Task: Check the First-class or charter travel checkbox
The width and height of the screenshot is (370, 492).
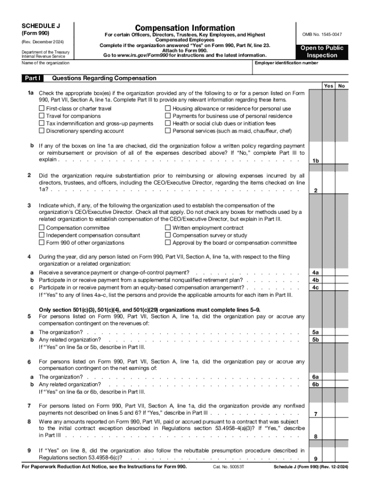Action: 42,109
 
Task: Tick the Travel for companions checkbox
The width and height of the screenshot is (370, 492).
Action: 42,116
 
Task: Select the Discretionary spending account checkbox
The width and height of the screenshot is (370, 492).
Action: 42,131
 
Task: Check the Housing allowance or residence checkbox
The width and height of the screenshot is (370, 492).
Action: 168,109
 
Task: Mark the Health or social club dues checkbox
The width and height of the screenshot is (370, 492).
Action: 168,123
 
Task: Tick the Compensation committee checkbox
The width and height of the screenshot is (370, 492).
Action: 42,228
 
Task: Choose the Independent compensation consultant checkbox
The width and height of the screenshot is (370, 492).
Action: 42,235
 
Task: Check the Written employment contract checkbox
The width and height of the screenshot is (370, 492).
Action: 168,228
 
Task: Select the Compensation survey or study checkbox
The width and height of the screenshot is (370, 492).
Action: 168,235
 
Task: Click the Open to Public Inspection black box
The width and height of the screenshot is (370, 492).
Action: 322,52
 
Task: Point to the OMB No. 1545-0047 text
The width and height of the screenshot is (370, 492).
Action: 322,35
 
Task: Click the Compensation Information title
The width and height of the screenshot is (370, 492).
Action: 185,28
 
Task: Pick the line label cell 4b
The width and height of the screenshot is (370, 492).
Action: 316,280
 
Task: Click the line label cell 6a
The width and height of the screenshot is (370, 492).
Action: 316,377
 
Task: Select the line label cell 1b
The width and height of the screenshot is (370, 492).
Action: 316,160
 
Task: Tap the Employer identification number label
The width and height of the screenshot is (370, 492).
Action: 286,63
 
